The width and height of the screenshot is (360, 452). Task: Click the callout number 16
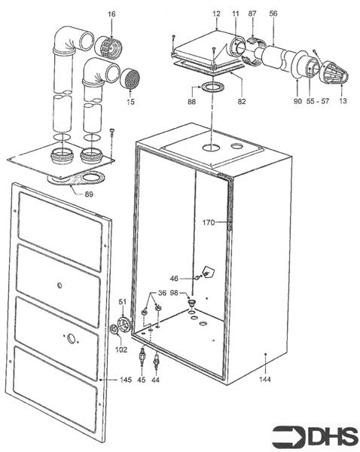(111, 14)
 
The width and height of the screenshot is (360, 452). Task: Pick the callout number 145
(124, 380)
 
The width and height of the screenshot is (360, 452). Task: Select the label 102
(121, 349)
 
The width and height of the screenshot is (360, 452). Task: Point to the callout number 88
(191, 101)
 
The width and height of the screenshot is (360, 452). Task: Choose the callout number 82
(243, 101)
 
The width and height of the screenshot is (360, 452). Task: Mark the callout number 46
(173, 279)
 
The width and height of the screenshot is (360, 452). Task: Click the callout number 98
(174, 293)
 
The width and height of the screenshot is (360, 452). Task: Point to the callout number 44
(155, 380)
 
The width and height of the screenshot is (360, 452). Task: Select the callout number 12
(216, 14)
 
